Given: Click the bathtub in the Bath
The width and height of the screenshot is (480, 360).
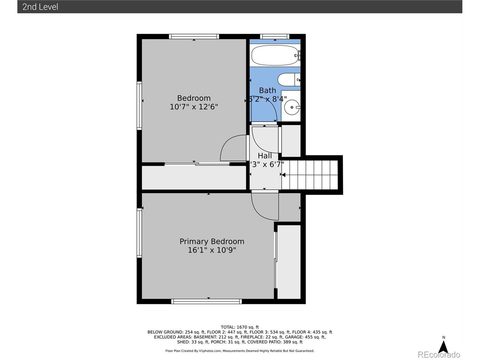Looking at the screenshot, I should (x=275, y=55).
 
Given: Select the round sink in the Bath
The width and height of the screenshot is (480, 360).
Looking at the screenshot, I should (x=292, y=108).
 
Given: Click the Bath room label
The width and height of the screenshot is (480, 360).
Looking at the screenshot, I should (x=267, y=90).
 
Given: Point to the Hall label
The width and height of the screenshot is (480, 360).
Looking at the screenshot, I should (x=265, y=156).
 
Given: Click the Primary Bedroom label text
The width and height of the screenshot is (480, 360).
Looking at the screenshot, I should (x=212, y=241).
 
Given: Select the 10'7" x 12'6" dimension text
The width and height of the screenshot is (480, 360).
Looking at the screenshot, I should (x=194, y=107).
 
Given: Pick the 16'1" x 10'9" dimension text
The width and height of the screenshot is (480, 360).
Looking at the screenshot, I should (x=212, y=250).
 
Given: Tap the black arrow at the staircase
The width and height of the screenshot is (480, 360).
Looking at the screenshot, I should (x=283, y=175).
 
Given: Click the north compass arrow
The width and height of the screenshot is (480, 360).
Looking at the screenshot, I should (x=443, y=347).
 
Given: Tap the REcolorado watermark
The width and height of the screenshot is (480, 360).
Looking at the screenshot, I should (x=439, y=355).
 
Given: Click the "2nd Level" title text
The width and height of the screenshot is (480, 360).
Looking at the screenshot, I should (x=40, y=7).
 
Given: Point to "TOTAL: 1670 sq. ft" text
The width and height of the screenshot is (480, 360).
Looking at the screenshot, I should (x=240, y=327).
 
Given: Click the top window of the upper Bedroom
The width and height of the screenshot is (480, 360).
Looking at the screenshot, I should (x=194, y=36).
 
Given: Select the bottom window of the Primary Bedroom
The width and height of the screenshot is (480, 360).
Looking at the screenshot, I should (x=207, y=301).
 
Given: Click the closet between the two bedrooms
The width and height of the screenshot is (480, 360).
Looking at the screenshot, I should (x=194, y=178).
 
